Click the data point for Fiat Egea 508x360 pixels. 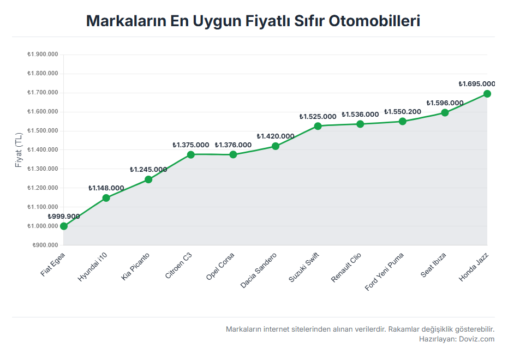coord(64,226)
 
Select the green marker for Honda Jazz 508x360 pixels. coord(487,94)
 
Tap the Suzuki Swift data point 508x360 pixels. coord(318,126)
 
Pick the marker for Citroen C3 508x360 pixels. coord(191,154)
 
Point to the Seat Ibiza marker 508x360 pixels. coord(445,112)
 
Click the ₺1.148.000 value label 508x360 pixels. coord(106,188)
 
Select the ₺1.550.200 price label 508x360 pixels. coord(403,112)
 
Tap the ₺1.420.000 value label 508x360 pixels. coord(276,136)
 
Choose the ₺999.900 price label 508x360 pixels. coord(64,217)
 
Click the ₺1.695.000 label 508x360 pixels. coord(477,84)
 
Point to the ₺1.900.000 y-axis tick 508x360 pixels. coord(43,55)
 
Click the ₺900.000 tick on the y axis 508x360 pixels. coord(45,245)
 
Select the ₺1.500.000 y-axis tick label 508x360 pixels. coord(43,131)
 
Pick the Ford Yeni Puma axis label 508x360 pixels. coord(385,271)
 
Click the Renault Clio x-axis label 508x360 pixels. coord(346,268)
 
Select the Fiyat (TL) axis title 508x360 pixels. coord(19,149)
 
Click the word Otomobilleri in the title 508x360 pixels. coord(374,21)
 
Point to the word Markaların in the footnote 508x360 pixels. coord(243,329)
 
